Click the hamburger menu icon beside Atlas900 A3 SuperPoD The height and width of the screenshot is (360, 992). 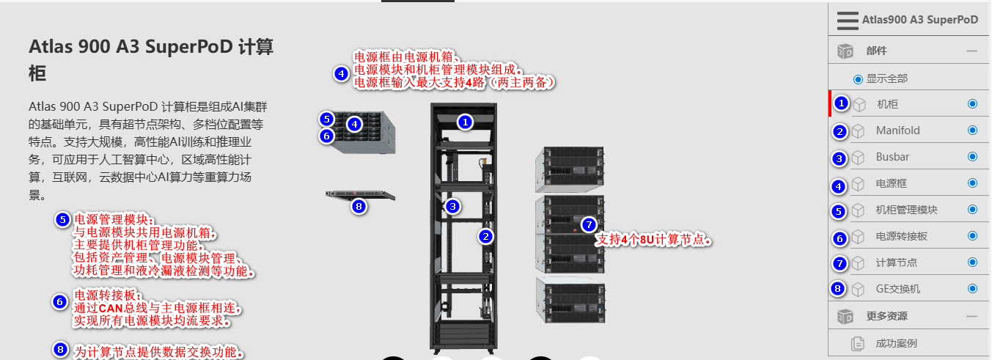point(848,21)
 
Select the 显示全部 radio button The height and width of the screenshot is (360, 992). point(858,78)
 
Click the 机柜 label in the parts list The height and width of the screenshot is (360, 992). point(888,104)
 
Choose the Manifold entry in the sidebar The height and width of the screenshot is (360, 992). point(897,131)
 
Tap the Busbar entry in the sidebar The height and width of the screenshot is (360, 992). point(892,157)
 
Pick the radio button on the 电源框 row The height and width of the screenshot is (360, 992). point(972,183)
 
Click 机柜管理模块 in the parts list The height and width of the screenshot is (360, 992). point(906,210)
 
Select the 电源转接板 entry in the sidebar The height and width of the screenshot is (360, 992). point(901,236)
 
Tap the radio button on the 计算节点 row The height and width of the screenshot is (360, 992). point(972,262)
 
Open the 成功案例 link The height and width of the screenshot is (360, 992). point(896,343)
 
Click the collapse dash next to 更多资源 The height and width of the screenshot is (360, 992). point(972,316)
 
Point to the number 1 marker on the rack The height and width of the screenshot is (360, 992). point(464,122)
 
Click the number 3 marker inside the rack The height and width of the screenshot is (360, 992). point(453,206)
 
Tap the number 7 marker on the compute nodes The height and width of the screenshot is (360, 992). point(588,224)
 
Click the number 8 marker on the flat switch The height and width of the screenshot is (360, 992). point(359,206)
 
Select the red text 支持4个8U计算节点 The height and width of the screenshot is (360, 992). point(653,240)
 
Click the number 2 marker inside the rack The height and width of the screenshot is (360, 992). point(485,236)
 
